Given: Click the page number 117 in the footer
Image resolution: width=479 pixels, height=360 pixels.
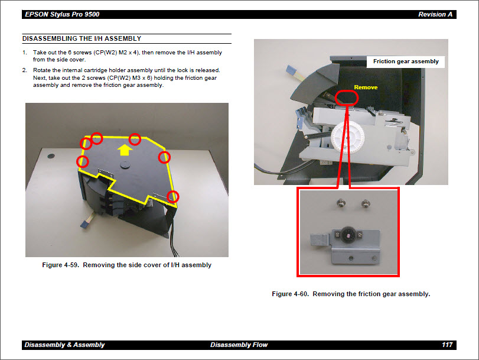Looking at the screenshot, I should [x=447, y=345].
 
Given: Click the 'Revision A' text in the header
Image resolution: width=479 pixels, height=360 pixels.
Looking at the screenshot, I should [x=436, y=14].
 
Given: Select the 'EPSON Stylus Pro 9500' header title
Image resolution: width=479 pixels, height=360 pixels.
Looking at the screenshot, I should [x=61, y=14].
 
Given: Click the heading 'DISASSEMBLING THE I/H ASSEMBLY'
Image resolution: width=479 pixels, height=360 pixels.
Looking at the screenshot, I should [x=82, y=39].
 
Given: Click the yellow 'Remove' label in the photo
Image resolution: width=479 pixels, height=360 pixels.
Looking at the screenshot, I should [x=365, y=87].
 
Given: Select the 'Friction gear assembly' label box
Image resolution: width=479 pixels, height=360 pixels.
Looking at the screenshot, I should [x=406, y=61].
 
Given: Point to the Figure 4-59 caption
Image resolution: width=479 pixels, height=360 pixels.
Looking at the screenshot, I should [x=126, y=265].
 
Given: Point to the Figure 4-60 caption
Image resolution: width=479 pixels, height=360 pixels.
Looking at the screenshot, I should [x=351, y=294].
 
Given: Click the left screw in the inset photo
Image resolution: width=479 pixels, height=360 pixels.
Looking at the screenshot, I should [x=342, y=204].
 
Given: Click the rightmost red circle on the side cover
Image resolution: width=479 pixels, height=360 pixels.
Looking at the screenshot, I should [x=173, y=196].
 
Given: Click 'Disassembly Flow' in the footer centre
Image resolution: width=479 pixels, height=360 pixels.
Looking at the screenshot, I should [x=239, y=345].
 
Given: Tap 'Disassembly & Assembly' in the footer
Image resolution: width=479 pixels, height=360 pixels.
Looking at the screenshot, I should [x=64, y=345].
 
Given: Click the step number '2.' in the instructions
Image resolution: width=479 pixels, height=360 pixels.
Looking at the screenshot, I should [x=25, y=70].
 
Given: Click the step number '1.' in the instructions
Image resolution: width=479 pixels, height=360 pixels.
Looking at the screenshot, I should [x=25, y=53].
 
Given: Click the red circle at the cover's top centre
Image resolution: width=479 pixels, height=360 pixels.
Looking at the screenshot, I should [x=135, y=139].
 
